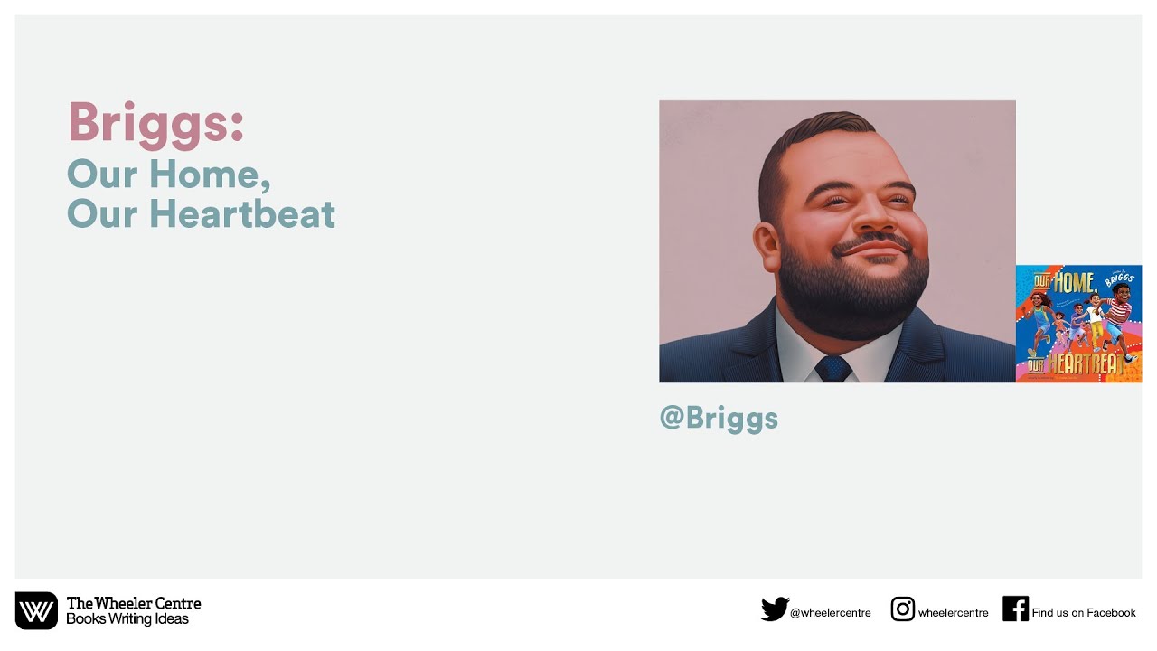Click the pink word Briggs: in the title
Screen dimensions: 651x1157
[x=155, y=122]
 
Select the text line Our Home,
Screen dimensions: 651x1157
[x=169, y=174]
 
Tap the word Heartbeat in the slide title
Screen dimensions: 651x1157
[x=241, y=214]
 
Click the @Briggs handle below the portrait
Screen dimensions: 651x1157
[x=719, y=418]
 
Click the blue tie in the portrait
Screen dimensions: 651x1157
[x=832, y=368]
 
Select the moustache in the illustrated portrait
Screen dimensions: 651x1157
[x=872, y=245]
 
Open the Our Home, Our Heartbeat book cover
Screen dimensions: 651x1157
[x=1078, y=324]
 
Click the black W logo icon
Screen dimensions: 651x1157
[x=36, y=611]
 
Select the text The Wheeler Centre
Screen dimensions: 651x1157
[x=134, y=603]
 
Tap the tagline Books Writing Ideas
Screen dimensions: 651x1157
[x=127, y=619]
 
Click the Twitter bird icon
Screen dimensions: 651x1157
[x=774, y=610]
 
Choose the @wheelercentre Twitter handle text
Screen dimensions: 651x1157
[x=830, y=613]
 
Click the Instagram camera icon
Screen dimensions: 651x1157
[x=902, y=609]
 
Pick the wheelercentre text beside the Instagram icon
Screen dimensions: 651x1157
[x=953, y=613]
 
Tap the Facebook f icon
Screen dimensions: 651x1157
[x=1015, y=609]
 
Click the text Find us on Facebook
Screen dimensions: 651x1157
[x=1083, y=613]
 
